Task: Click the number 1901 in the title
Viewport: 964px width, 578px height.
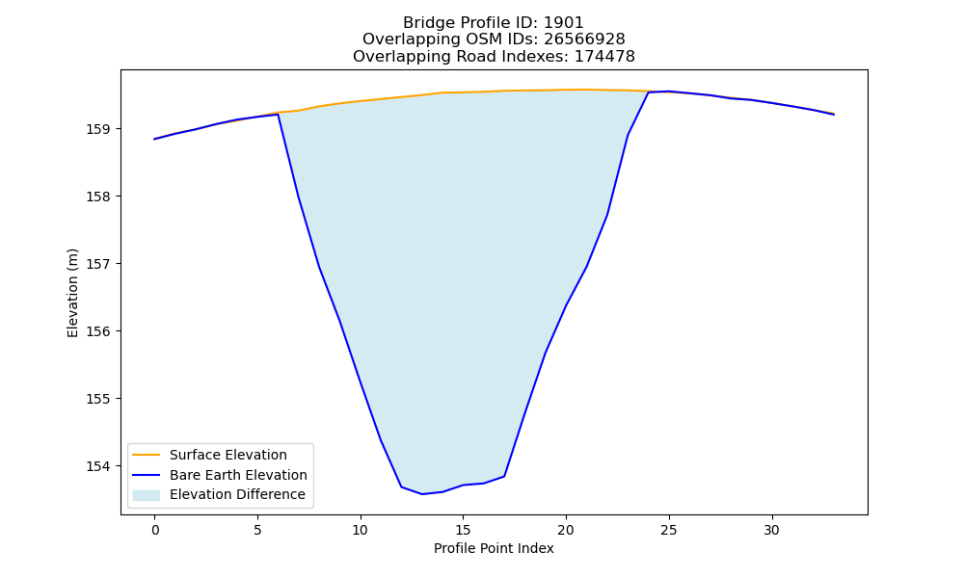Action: coord(563,23)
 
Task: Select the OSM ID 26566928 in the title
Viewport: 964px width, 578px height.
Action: coord(584,39)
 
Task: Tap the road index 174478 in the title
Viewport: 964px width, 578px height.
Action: coord(604,57)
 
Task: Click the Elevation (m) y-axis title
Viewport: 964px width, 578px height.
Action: coord(72,293)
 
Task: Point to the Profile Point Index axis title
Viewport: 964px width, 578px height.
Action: coord(494,548)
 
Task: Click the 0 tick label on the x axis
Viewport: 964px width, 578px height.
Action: coord(155,530)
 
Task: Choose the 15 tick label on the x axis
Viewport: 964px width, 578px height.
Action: coord(463,530)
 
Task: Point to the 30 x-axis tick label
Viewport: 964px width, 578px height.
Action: coord(771,530)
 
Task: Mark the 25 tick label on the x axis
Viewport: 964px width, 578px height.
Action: coord(669,530)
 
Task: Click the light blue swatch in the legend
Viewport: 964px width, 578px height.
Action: coord(147,495)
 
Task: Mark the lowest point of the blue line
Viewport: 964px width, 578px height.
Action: coord(422,494)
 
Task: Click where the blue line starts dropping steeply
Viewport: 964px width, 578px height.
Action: coord(279,115)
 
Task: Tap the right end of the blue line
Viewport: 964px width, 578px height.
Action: coord(834,115)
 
